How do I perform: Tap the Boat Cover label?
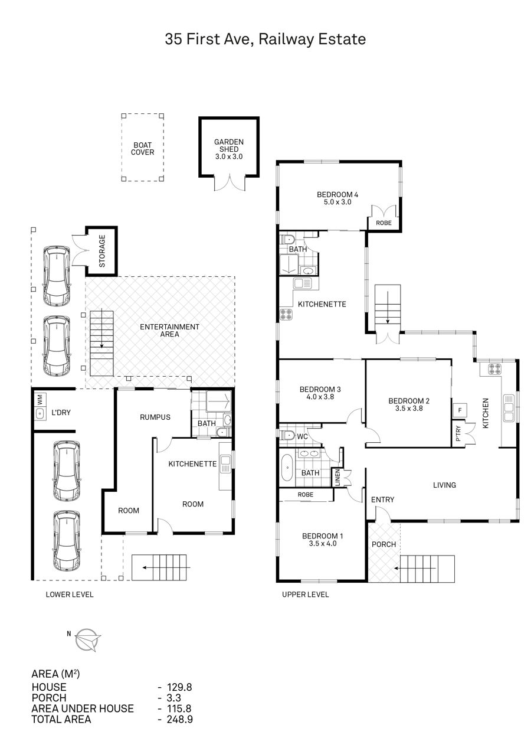(x=143, y=149)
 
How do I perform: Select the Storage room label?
(x=102, y=251)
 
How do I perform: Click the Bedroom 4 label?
(x=337, y=194)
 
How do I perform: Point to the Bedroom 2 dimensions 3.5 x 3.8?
(x=409, y=409)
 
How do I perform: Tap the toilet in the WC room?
(x=287, y=436)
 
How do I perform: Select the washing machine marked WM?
(x=40, y=399)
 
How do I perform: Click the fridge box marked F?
(x=460, y=410)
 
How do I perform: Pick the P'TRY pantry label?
(x=458, y=434)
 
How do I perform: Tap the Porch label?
(x=383, y=544)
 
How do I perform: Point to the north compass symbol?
(x=87, y=639)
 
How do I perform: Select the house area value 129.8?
(x=179, y=687)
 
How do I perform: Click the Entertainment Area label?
(x=169, y=330)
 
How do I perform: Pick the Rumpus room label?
(x=155, y=417)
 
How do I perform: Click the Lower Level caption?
(x=70, y=595)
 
